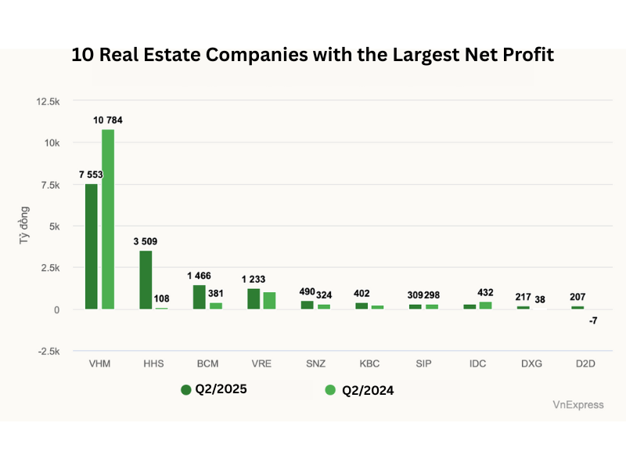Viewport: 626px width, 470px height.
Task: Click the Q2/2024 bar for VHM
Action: point(108,219)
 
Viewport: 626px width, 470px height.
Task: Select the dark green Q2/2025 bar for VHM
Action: point(92,246)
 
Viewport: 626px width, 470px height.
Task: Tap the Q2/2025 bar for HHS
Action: point(146,280)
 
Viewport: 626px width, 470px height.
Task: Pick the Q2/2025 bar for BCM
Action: point(200,297)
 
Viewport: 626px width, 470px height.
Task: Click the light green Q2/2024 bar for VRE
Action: point(269,301)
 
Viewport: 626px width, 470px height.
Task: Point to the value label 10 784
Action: point(108,120)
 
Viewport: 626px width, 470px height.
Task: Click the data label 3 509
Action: point(146,241)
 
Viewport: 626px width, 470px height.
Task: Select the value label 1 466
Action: point(199,276)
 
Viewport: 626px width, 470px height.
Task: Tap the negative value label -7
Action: point(593,321)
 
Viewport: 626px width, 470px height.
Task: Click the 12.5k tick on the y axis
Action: point(48,102)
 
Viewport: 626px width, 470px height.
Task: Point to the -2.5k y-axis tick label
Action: point(48,351)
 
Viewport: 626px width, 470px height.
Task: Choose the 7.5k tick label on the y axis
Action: point(49,185)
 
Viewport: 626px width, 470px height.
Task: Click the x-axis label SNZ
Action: point(315,364)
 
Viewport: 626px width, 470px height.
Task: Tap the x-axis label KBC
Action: point(369,364)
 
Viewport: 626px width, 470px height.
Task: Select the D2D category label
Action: point(585,364)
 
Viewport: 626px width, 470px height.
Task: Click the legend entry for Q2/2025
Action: point(214,389)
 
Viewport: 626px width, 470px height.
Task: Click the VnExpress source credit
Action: point(578,405)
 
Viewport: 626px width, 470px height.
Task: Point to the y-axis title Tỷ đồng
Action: point(24,226)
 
